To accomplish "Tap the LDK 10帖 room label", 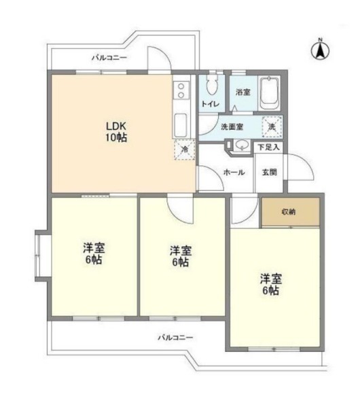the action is click(116, 132).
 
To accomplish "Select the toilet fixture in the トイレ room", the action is click(212, 84).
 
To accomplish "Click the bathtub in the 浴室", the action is click(270, 94).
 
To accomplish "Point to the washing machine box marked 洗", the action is click(272, 127).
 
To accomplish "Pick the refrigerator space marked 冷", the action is click(185, 149).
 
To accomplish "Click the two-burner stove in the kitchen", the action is click(181, 90).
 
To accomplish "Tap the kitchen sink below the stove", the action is click(181, 125).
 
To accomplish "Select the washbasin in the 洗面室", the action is click(241, 145).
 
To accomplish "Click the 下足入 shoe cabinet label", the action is click(268, 147).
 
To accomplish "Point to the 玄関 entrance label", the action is click(270, 172).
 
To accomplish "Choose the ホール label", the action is click(234, 172).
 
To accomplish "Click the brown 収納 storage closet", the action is click(290, 212).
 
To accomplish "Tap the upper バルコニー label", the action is click(109, 57).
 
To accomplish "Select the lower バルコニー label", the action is click(176, 338).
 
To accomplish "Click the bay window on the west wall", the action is click(38, 255).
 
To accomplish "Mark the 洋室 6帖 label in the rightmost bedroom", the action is click(271, 284).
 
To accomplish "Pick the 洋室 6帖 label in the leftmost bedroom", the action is click(94, 253).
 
